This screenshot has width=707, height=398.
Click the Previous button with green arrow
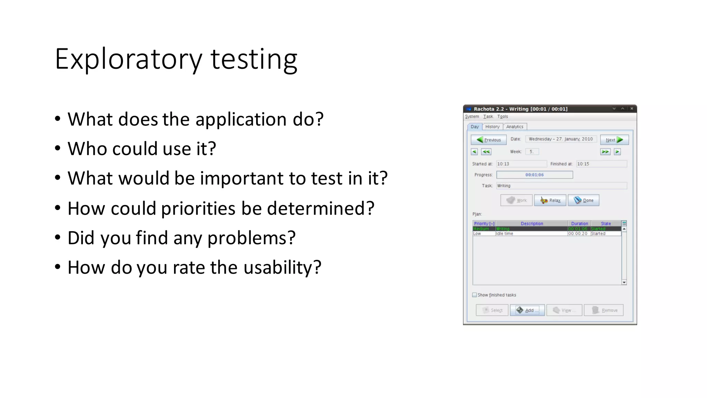pyautogui.click(x=488, y=140)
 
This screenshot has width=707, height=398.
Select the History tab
pyautogui.click(x=492, y=127)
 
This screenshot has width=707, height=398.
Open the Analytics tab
pyautogui.click(x=514, y=127)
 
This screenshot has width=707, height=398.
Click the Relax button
pyautogui.click(x=550, y=200)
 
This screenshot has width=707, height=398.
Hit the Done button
pyautogui.click(x=583, y=200)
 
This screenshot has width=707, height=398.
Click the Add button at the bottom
pyautogui.click(x=527, y=310)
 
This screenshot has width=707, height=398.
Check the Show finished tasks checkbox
pyautogui.click(x=474, y=295)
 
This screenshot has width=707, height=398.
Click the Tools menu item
pyautogui.click(x=503, y=116)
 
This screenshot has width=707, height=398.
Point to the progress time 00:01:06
pyautogui.click(x=534, y=175)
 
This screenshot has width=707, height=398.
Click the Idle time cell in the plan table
pyautogui.click(x=504, y=234)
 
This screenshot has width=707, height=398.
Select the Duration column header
pyautogui.click(x=579, y=224)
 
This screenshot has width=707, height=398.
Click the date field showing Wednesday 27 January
pyautogui.click(x=561, y=139)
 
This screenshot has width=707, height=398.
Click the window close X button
pyautogui.click(x=632, y=108)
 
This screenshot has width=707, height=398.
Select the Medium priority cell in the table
pyautogui.click(x=481, y=229)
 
